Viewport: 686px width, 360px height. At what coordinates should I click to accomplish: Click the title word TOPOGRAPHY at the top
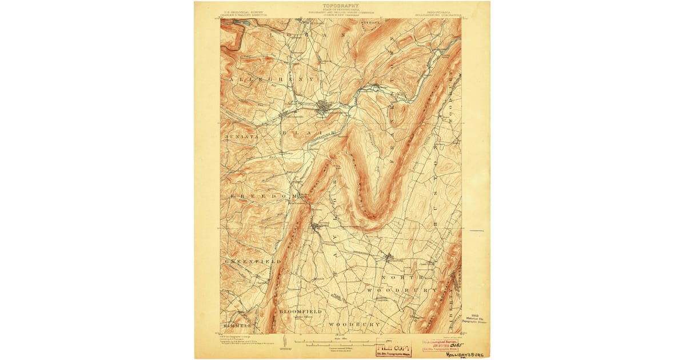341,6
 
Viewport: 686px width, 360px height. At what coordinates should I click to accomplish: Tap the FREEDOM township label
260,196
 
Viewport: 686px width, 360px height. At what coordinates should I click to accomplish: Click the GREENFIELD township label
252,261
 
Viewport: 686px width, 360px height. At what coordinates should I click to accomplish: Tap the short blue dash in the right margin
476,231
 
